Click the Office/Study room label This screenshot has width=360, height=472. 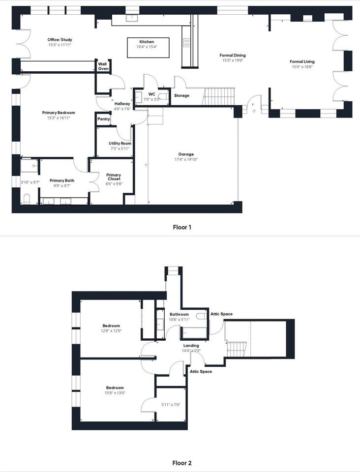coord(60,39)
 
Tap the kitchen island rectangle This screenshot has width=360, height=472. coord(148,48)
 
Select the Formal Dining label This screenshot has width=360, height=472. coord(232,55)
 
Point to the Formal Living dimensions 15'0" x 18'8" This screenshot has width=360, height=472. coord(302,67)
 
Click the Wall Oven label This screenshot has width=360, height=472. coord(103,66)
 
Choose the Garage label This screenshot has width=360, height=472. coord(186,154)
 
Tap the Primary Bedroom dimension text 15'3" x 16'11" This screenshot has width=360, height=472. coord(59,118)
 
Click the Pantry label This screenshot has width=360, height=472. coord(104,119)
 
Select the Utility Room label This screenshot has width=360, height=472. coord(120,143)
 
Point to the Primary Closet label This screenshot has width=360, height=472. coord(114,177)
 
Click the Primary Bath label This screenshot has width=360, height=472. coord(61,180)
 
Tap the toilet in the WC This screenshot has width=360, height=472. coord(163,96)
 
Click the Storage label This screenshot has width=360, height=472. coord(181,95)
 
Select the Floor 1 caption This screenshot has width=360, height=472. coord(182,227)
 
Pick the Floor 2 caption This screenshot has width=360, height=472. coord(182,463)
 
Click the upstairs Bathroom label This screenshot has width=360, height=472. coord(179,314)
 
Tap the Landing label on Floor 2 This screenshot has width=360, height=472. coord(191,346)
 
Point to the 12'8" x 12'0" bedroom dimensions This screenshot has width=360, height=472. coord(111,331)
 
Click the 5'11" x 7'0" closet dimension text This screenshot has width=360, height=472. coord(171,405)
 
